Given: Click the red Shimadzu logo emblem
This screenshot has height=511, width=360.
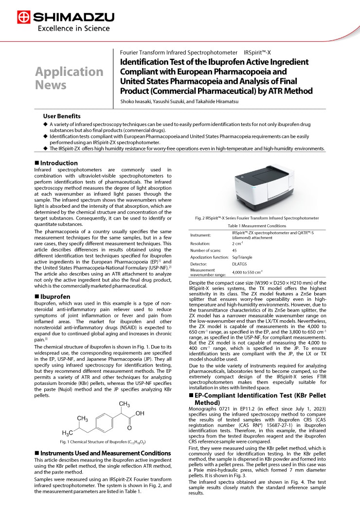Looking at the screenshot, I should (x=23, y=18).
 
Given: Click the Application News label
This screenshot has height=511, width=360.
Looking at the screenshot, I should (x=69, y=78).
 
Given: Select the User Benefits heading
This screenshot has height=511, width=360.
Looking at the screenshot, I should (x=62, y=116).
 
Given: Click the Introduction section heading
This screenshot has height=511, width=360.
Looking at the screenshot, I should (x=58, y=163).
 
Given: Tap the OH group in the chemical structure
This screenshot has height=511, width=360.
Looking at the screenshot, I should (x=140, y=413).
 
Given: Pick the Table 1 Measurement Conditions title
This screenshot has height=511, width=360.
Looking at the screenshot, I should (x=257, y=226).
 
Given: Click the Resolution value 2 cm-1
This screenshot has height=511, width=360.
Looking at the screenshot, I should (x=237, y=243).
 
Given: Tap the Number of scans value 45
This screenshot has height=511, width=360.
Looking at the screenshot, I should (x=234, y=250).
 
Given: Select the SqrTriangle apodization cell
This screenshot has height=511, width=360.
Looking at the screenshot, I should (x=242, y=257).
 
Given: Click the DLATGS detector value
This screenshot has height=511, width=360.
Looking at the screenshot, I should (x=240, y=264).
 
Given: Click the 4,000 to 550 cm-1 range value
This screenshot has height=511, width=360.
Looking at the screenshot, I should (x=248, y=272).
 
